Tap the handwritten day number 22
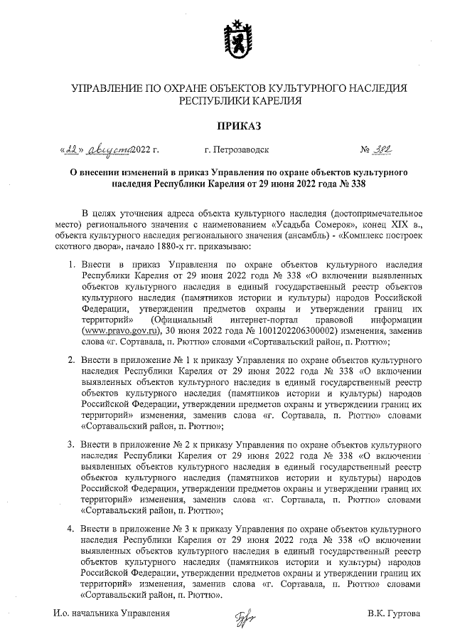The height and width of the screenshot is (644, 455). click(x=73, y=149)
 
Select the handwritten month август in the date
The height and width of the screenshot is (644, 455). click(x=108, y=149)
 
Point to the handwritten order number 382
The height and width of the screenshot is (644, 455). click(x=387, y=149)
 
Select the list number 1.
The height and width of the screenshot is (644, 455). click(x=70, y=264)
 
